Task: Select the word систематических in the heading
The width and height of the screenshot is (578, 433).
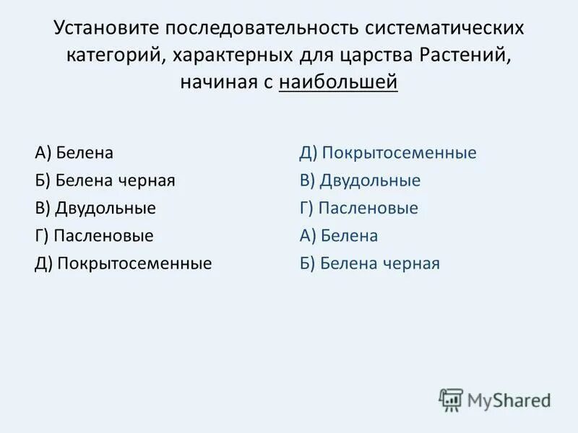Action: point(444,30)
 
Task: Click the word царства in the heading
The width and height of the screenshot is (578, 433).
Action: point(379,56)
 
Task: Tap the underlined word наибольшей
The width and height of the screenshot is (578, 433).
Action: point(337,83)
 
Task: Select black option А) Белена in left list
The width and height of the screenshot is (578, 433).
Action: point(74,154)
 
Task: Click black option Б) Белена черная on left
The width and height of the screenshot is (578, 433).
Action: point(104,181)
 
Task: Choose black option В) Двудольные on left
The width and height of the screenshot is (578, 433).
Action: point(95,209)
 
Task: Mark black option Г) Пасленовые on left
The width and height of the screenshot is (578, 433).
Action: point(93,236)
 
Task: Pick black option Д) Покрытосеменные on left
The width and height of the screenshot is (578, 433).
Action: point(123,263)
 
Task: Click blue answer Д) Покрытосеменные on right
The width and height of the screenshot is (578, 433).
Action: point(388,154)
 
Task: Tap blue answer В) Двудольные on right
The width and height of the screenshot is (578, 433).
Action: point(360,181)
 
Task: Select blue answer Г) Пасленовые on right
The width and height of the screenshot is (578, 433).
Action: point(358,209)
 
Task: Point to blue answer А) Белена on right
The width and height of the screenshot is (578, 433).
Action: point(339,236)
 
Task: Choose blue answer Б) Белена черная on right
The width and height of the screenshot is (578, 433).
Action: point(369,263)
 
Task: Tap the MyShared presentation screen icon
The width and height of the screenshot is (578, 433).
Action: point(450,400)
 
